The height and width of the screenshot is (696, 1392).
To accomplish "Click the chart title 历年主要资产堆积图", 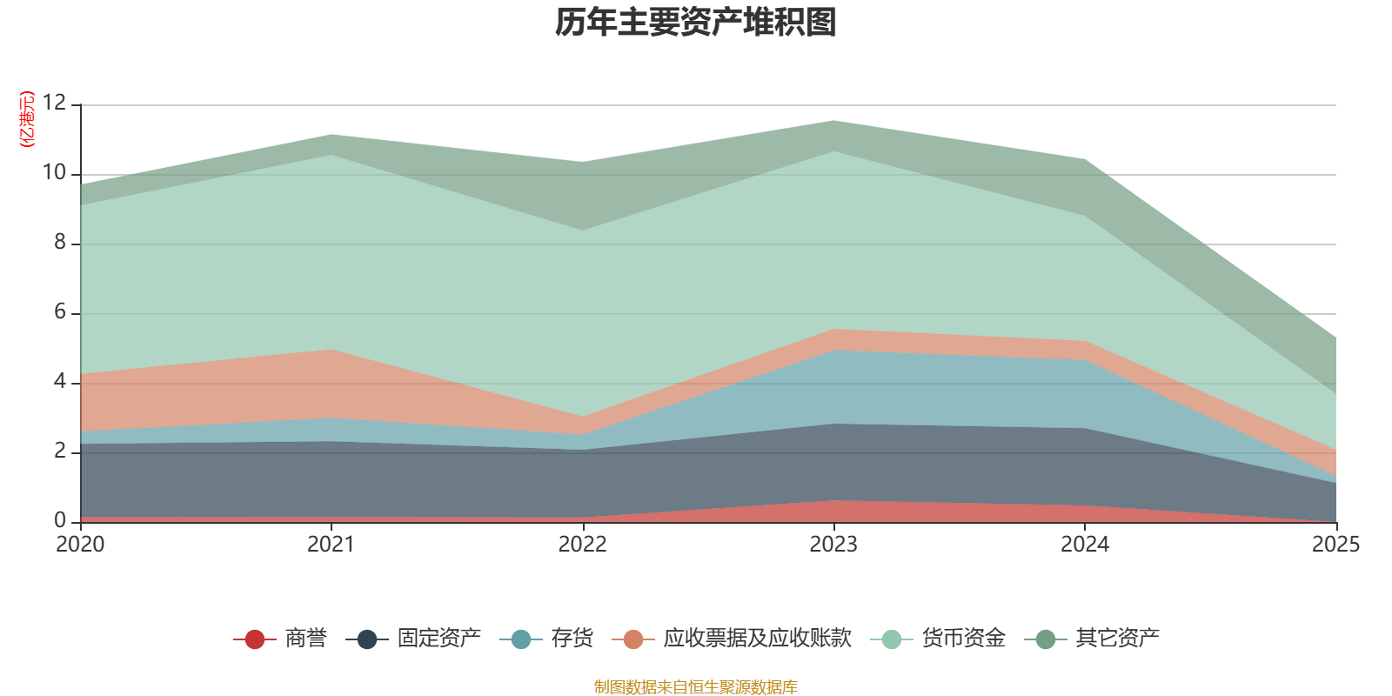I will point(696,23).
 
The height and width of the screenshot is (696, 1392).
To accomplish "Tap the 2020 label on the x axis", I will point(80,544).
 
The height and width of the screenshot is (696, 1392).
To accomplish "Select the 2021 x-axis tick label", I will point(331,544).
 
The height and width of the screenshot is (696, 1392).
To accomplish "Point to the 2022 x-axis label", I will point(582,544).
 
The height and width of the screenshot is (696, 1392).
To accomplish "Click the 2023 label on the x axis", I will point(833,544).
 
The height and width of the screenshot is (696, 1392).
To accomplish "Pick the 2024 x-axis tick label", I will point(1085,544).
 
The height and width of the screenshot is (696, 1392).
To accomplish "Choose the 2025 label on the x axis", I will point(1335,544).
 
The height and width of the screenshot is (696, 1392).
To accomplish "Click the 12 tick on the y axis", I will point(54,104).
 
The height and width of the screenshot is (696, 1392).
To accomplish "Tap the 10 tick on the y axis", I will point(54,173).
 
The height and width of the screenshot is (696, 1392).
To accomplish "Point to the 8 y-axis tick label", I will point(59,243).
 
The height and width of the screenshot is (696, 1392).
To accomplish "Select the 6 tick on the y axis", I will point(59,312).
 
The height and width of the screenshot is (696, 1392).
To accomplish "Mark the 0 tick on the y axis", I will point(59,520).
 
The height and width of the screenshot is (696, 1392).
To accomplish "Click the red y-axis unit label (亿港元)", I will point(27,119).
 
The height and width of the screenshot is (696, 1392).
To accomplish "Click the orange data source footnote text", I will point(695,687).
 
